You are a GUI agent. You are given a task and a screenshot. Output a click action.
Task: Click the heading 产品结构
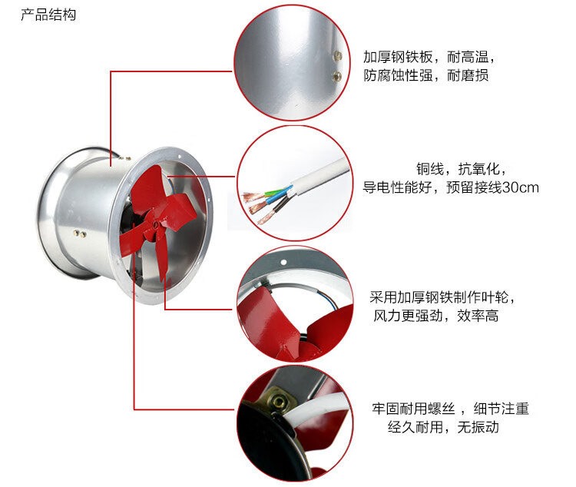click(48, 15)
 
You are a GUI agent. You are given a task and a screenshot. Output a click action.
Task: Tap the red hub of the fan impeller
click(154, 223)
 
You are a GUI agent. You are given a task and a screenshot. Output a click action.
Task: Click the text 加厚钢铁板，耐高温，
click(430, 58)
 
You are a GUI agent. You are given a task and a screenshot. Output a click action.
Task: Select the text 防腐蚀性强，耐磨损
click(425, 75)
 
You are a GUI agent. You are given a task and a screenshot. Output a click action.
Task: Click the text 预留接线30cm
click(492, 187)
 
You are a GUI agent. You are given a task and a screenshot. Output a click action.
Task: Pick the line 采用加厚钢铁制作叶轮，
click(443, 297)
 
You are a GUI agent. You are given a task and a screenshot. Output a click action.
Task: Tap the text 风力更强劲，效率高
click(436, 316)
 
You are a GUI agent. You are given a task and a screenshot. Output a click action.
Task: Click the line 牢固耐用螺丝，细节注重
click(450, 409)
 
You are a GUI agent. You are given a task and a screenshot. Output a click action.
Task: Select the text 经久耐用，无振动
click(443, 427)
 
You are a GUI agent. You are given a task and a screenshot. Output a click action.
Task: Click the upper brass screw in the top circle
click(337, 56)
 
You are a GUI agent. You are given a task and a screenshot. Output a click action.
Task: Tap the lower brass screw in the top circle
click(336, 77)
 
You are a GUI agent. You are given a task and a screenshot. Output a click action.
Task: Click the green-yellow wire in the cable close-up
click(274, 192)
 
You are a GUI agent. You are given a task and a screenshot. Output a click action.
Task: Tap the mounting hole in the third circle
click(283, 263)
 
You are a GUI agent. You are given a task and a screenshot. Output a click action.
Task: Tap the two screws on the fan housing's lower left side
click(80, 234)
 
